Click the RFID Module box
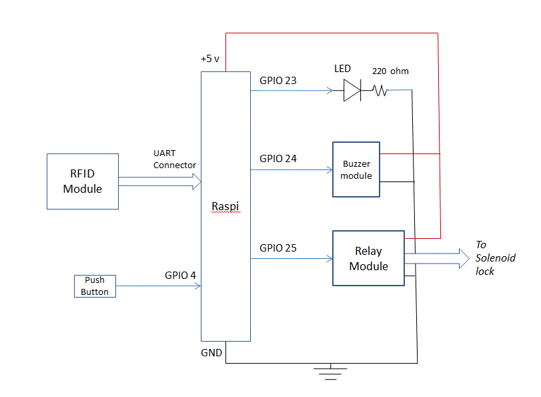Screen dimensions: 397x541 coord(83,181)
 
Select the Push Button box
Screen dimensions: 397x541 coord(95,286)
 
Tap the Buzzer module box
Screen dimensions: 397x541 coord(356,169)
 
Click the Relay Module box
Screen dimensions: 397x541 coord(368,258)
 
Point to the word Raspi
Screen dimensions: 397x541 coord(225,206)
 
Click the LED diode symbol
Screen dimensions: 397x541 coord(352,90)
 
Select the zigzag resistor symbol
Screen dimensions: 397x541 coord(380,91)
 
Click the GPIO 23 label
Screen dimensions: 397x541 coord(278,81)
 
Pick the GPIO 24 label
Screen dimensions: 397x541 coord(278,159)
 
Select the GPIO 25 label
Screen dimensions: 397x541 coord(278,248)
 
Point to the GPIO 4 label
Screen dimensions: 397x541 coord(180,275)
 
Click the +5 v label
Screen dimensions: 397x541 coord(211,59)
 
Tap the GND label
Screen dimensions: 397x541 coord(211,352)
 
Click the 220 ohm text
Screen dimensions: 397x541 coord(390,71)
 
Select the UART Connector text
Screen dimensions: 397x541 coord(174,159)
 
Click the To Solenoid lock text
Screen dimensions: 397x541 coord(495,258)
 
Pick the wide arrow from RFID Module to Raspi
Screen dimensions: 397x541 coord(160,181)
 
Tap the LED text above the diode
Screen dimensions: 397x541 coord(342,69)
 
